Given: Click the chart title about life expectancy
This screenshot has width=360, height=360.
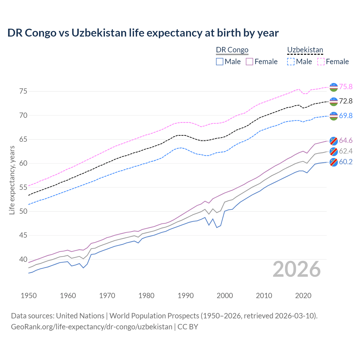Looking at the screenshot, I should (143, 33).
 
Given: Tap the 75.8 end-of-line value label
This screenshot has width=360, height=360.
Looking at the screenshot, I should (346, 87).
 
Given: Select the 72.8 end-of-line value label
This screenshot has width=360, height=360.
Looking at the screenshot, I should (346, 101).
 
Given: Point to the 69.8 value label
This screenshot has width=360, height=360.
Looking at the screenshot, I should (346, 116).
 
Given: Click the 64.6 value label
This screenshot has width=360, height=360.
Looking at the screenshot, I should (346, 140).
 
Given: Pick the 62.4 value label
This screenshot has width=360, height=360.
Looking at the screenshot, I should (346, 151).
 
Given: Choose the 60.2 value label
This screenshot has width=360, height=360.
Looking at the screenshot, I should (346, 162).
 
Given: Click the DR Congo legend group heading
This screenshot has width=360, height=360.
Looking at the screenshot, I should (232, 50).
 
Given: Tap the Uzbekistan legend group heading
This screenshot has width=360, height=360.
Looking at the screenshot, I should (305, 50).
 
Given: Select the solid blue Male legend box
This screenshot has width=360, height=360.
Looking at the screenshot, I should (220, 62).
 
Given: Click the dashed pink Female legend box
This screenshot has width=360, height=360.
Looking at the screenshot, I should (321, 62).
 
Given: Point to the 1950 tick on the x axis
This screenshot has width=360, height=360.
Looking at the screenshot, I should (29, 296).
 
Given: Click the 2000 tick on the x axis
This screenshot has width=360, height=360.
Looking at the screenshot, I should (225, 296).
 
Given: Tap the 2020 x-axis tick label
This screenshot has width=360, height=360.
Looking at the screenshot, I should (303, 296).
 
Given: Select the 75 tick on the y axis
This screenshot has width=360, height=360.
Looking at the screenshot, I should (23, 91).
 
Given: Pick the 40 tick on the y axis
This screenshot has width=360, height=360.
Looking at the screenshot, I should (23, 259).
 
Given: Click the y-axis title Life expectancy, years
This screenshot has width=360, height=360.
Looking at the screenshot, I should (12, 180).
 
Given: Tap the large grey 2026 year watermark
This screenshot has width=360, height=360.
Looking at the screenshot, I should (296, 269).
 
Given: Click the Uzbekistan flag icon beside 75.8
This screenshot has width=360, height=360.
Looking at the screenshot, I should (334, 87).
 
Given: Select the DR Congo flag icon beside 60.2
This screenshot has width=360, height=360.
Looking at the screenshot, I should (334, 162).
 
